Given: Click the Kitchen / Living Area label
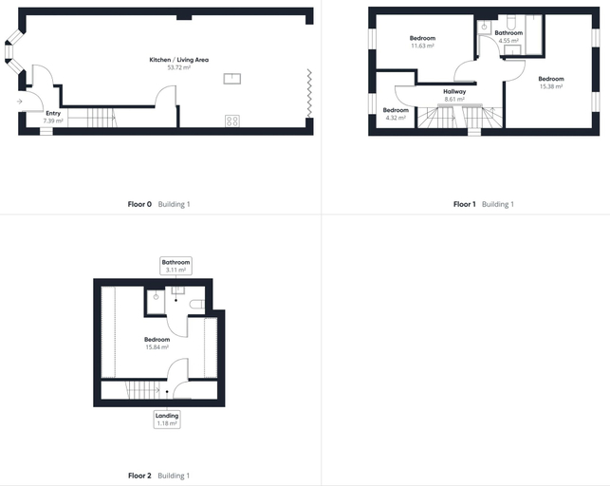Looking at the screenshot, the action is [x=179, y=60].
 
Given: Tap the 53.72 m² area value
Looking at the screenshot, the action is [x=179, y=67].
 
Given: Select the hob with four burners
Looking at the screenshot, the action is [x=232, y=121].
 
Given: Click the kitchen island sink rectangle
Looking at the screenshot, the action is [x=232, y=79].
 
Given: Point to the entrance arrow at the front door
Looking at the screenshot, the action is [x=20, y=102].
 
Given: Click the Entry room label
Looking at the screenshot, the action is [x=53, y=113].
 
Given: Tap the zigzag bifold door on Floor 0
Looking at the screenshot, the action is [x=309, y=93].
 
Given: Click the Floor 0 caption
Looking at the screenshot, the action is [x=139, y=204].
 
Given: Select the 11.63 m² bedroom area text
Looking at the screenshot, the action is [x=422, y=46].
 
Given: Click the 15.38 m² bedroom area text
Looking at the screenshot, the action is [x=551, y=86].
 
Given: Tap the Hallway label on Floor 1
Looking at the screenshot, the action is [x=454, y=91].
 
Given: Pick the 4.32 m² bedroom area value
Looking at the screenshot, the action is [x=396, y=118].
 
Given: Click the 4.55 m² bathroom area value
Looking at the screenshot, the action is [x=508, y=41].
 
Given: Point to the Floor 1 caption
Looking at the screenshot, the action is [x=465, y=204].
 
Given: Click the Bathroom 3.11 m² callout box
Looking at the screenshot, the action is [x=176, y=266].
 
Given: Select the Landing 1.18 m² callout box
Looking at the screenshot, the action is [x=167, y=420].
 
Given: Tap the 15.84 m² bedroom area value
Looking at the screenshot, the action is [x=157, y=347].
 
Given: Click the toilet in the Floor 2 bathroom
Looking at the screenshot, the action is [x=196, y=304].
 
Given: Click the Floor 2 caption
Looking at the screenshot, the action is [x=139, y=476].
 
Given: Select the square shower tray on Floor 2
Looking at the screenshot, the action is [x=156, y=302].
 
